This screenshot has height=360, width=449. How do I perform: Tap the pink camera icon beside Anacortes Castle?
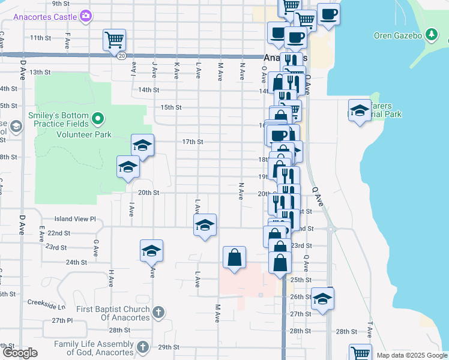(x=86, y=16)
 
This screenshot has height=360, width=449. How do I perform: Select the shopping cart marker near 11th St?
(x=114, y=41)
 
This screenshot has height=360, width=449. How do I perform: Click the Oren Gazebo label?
(x=399, y=35)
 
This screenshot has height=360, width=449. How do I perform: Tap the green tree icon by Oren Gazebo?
(x=431, y=34)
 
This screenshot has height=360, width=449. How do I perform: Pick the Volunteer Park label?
(x=85, y=134)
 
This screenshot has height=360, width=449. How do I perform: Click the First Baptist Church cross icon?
(x=158, y=313)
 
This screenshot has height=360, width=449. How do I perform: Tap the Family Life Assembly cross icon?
(x=143, y=347)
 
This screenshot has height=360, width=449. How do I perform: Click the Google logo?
(x=20, y=353)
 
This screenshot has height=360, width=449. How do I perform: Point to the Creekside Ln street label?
(x=53, y=305)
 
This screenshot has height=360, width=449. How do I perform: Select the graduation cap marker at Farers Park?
(x=360, y=110)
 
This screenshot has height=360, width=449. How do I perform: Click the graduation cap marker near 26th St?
(x=322, y=299)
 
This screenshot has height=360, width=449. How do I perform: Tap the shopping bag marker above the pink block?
(x=234, y=258)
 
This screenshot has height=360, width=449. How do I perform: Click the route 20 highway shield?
(x=121, y=55)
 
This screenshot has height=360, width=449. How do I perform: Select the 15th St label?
(x=171, y=107)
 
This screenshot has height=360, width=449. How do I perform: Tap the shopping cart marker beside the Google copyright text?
(x=360, y=353)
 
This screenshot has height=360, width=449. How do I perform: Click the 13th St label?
(x=41, y=72)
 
